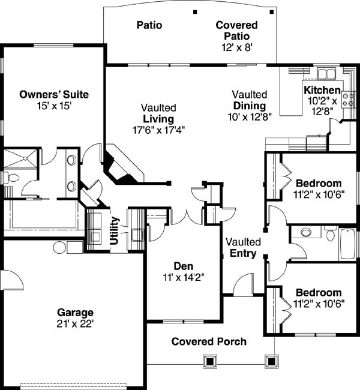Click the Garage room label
tap(75, 313)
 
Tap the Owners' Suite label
tap(54, 94)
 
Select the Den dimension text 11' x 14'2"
tap(183, 277)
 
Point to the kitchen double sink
tap(327, 75)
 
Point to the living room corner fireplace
tap(120, 166)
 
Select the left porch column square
tap(209, 361)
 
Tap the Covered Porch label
tap(209, 342)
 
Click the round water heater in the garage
tap(60, 247)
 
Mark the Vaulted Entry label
tap(243, 247)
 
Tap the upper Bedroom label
tap(318, 183)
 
